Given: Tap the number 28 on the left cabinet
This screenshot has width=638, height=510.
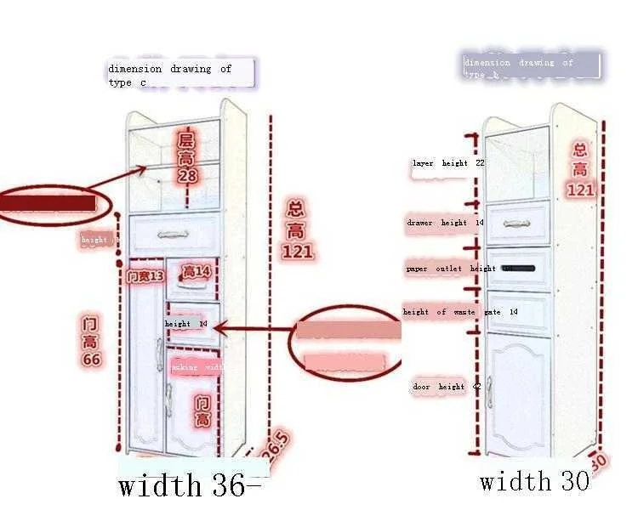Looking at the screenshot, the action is (187, 176).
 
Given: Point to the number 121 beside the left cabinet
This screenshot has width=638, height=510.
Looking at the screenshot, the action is (297, 251).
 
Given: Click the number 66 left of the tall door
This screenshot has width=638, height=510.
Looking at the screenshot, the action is (92, 360).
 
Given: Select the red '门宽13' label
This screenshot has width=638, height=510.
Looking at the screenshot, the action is (145, 276).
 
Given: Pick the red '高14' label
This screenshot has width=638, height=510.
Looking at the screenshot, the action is (196, 272).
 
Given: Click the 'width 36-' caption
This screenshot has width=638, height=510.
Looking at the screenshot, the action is (191, 485).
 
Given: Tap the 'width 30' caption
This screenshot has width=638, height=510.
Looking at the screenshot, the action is (533, 481).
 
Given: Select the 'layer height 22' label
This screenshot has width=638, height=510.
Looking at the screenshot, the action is (447, 163).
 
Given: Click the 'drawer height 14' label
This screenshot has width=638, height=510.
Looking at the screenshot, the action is (445, 223).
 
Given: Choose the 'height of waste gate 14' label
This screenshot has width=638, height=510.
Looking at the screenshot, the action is (460, 312).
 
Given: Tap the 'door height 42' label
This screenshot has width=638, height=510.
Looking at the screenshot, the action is (447, 387).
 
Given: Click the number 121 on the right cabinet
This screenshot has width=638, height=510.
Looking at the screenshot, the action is (580, 190).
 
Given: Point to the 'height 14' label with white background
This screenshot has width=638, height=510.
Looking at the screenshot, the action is (185, 324).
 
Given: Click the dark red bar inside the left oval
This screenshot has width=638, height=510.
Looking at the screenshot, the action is (48, 203).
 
